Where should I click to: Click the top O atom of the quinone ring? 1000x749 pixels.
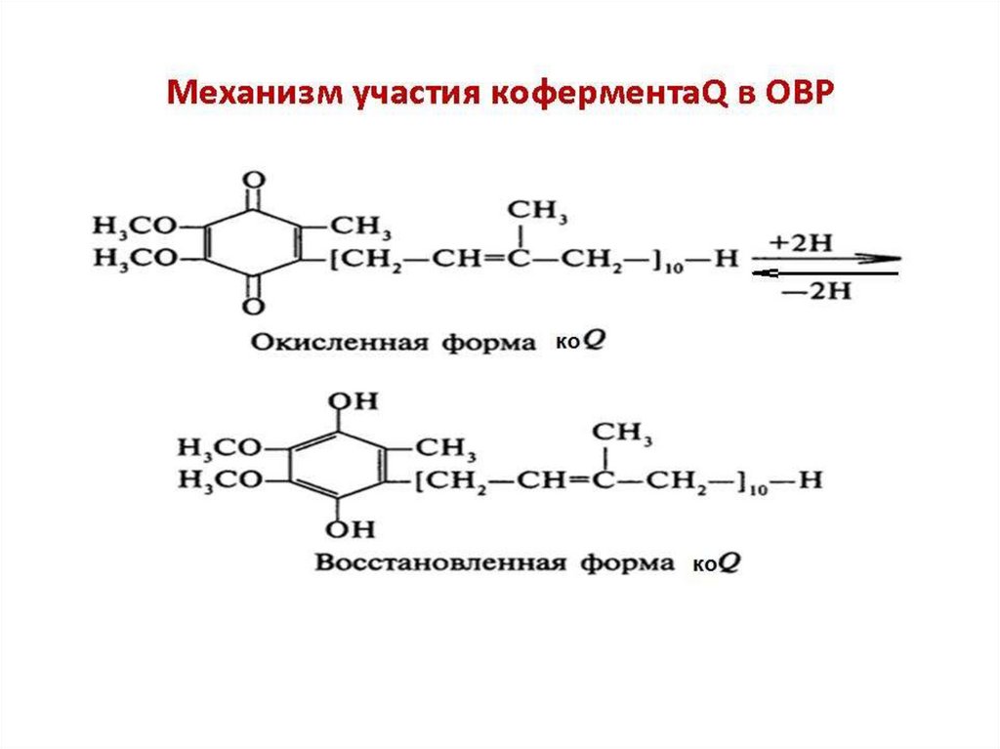pos(253,182)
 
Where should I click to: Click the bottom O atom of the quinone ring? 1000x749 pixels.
pos(253,306)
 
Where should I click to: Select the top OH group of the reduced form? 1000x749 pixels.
pos(338,401)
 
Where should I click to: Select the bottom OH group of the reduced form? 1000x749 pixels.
pos(338,529)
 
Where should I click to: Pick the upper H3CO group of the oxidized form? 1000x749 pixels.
pos(135,227)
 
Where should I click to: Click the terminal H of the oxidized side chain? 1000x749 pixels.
pos(725,262)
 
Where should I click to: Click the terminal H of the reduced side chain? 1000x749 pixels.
pos(811,480)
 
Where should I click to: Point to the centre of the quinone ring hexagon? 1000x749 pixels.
pos(253,243)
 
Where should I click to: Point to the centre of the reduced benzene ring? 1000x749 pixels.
pos(338,465)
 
